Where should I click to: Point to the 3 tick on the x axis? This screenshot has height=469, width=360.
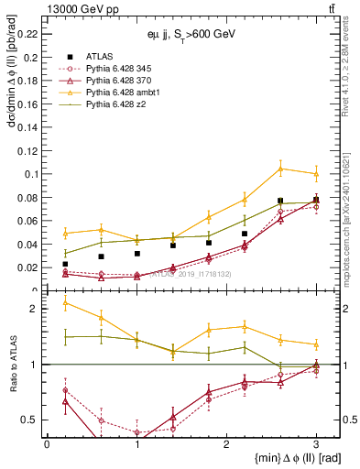pos(316,443)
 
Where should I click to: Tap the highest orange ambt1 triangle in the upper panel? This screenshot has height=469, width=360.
pos(280,168)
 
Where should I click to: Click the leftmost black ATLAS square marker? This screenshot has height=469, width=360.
pos(65,264)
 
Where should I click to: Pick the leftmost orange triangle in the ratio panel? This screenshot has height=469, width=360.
pos(65,302)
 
